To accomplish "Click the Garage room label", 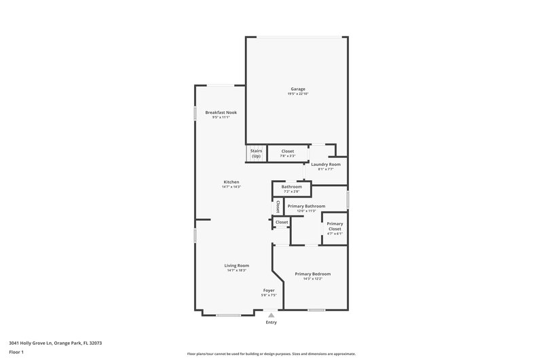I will pos(298,89).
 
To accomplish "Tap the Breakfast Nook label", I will pos(221,112).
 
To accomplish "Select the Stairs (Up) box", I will pos(256,154).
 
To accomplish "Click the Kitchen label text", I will pos(231,182).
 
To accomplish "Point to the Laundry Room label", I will pos(326,165).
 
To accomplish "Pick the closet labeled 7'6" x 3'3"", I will pos(288,154).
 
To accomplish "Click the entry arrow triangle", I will pos(271,315).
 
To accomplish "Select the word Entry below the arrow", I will pos(271,322).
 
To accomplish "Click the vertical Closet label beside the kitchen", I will pos(278,207).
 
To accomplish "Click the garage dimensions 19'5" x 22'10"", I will pos(298,93).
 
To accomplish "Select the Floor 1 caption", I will pos(17,352).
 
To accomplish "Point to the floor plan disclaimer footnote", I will pos(271,354).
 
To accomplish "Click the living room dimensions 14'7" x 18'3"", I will pos(238,270).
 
